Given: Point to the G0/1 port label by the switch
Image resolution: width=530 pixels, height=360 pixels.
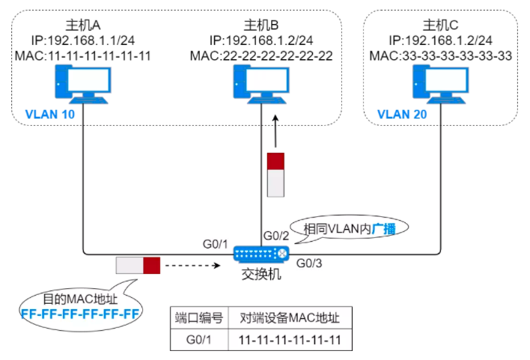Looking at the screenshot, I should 215,243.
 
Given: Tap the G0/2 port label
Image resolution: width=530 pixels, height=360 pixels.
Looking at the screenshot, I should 275,237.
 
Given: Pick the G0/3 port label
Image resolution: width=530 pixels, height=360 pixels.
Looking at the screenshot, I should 310,263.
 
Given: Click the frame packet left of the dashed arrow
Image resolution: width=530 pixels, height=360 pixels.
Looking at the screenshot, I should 138,265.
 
